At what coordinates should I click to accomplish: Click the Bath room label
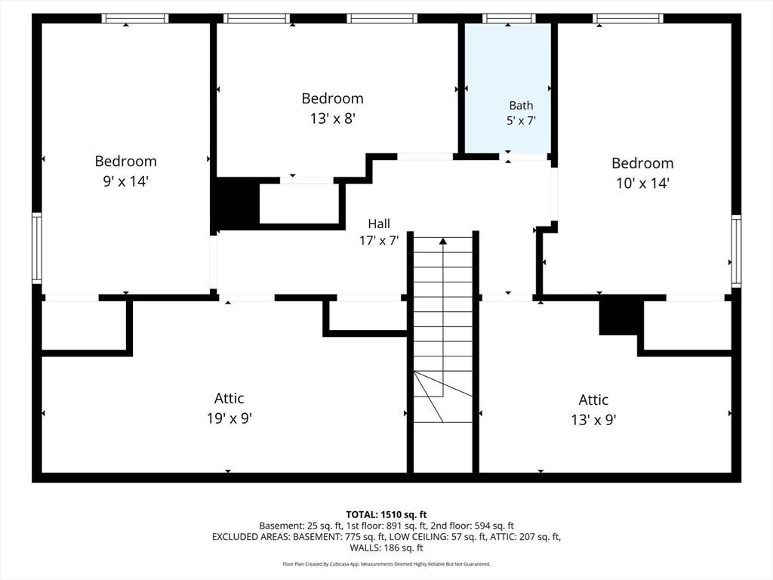click(x=521, y=106)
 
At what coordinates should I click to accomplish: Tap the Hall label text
click(x=379, y=224)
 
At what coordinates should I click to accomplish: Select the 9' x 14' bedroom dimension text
click(x=126, y=181)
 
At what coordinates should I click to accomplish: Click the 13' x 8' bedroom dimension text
click(x=333, y=119)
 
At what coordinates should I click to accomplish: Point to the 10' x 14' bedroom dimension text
click(x=642, y=184)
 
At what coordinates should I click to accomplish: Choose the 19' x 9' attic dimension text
click(x=229, y=418)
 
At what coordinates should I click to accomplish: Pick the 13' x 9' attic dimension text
click(x=593, y=420)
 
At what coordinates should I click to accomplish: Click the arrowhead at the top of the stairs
click(x=442, y=241)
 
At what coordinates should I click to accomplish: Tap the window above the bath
click(x=509, y=19)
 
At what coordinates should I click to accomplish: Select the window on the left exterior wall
click(x=37, y=248)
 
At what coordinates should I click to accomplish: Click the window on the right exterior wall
click(x=736, y=251)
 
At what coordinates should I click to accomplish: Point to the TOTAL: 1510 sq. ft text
click(x=386, y=515)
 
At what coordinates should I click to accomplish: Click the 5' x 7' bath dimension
click(x=521, y=120)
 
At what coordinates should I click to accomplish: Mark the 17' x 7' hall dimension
click(x=379, y=241)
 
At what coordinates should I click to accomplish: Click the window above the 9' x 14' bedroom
click(x=135, y=19)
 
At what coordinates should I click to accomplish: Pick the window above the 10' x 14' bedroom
click(x=628, y=19)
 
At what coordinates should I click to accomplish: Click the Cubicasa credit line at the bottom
click(x=386, y=563)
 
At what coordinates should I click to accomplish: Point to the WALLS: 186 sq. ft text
click(x=386, y=548)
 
